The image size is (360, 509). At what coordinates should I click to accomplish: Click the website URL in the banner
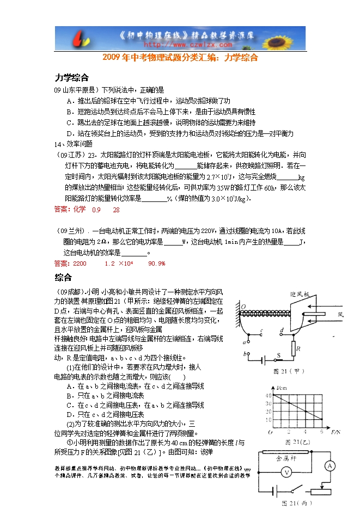(179, 46)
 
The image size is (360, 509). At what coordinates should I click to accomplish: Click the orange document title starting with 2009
(180, 57)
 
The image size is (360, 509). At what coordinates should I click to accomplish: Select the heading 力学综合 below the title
(71, 77)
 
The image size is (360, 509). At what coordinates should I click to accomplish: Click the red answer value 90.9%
(156, 263)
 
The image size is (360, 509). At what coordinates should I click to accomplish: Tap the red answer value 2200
(79, 263)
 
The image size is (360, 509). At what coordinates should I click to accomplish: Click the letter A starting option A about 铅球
(69, 101)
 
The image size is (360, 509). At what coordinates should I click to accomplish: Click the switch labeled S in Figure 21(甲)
(278, 355)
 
